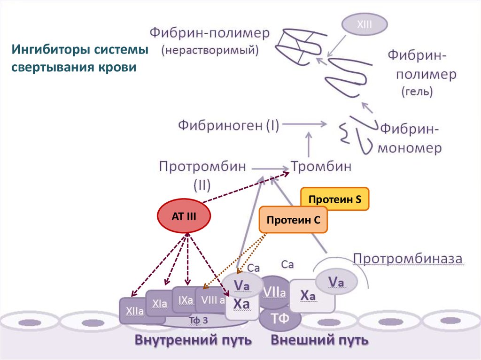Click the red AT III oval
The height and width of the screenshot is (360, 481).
pyautogui.click(x=184, y=216)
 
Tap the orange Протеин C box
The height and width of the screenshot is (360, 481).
pyautogui.click(x=293, y=220)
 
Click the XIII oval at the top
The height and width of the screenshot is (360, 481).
pyautogui.click(x=364, y=25)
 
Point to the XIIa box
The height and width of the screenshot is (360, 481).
pyautogui.click(x=134, y=310)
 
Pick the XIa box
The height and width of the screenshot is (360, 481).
pyautogui.click(x=160, y=304)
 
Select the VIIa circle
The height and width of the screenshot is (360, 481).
pyautogui.click(x=275, y=292)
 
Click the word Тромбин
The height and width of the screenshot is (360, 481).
pyautogui.click(x=321, y=167)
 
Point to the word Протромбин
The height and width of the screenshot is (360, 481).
pyautogui.click(x=202, y=167)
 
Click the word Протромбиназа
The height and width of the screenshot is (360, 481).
pyautogui.click(x=408, y=259)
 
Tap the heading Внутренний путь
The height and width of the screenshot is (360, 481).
pyautogui.click(x=194, y=339)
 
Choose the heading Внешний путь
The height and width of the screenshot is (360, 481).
pyautogui.click(x=319, y=339)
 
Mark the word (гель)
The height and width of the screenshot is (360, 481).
pyautogui.click(x=417, y=92)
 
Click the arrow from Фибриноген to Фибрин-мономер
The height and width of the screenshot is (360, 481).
pyautogui.click(x=305, y=124)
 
